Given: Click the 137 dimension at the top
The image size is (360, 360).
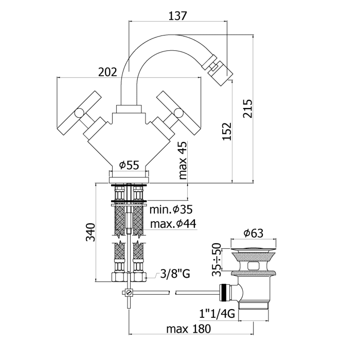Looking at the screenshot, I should click(177, 15).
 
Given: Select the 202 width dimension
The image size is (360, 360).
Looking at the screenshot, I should click(107, 73).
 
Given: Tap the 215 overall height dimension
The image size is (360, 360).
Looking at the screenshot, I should click(248, 109).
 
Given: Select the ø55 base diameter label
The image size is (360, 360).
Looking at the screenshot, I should click(129, 165).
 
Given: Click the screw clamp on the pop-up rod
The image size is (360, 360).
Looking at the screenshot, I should click(129, 293).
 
